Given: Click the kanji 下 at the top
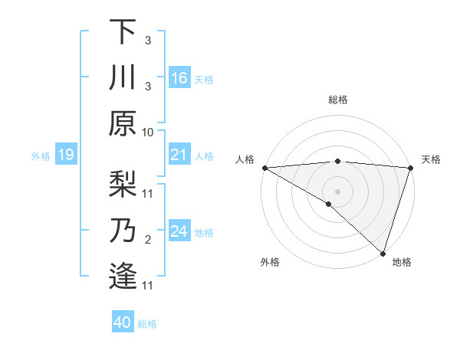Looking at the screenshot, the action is click(x=123, y=33).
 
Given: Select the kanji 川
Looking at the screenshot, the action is click(x=123, y=78).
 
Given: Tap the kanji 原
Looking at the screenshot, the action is click(x=123, y=123).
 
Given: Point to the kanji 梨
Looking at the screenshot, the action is click(x=123, y=185).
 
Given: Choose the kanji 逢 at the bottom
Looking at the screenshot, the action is click(x=123, y=277).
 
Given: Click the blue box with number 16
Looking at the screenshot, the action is click(x=179, y=78).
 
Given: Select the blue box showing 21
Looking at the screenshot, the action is click(x=179, y=155).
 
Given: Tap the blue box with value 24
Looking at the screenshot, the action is click(x=179, y=231).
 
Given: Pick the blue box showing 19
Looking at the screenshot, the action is click(x=65, y=155).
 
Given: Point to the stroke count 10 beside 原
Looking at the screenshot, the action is click(x=148, y=132).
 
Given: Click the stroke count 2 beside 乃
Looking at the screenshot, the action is click(x=147, y=241).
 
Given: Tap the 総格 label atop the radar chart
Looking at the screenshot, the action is click(x=337, y=100).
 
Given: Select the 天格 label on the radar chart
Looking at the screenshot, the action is click(x=431, y=159).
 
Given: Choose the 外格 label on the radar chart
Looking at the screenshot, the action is click(x=270, y=262).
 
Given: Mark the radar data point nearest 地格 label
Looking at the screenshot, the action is click(x=382, y=253).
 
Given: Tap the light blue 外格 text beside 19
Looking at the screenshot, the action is click(x=41, y=156).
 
